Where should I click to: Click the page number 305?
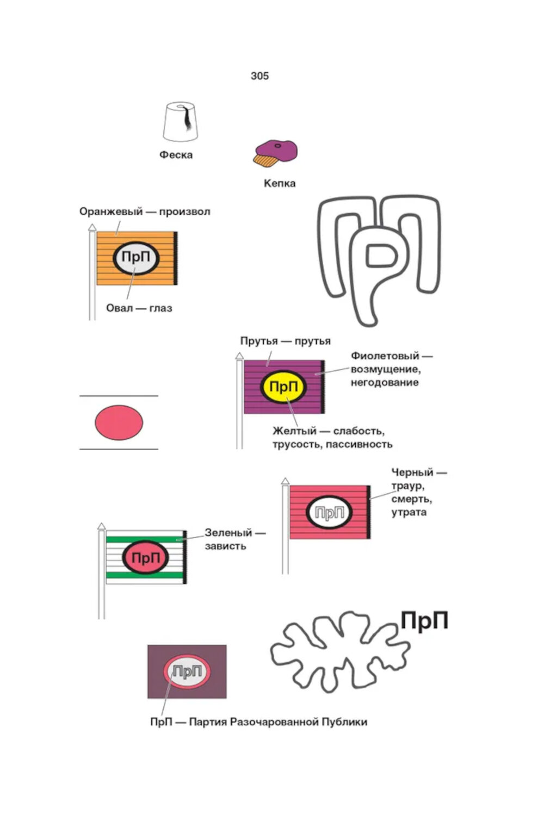pyautogui.click(x=259, y=76)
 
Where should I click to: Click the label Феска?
pyautogui.click(x=176, y=155)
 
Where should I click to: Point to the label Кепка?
pyautogui.click(x=279, y=184)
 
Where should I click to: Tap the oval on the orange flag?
pyautogui.click(x=136, y=258)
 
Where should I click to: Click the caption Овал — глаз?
pyautogui.click(x=139, y=308)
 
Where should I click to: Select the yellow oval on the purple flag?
pyautogui.click(x=283, y=387)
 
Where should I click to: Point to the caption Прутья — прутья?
pyautogui.click(x=285, y=341)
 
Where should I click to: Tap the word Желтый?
pyautogui.click(x=294, y=431)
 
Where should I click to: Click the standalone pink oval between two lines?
pyautogui.click(x=119, y=422)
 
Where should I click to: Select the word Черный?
pyautogui.click(x=412, y=472)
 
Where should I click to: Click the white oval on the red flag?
pyautogui.click(x=330, y=512)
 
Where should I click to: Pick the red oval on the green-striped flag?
pyautogui.click(x=146, y=557)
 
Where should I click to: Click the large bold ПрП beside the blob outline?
pyautogui.click(x=424, y=620)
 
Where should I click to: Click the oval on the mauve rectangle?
pyautogui.click(x=187, y=672)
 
